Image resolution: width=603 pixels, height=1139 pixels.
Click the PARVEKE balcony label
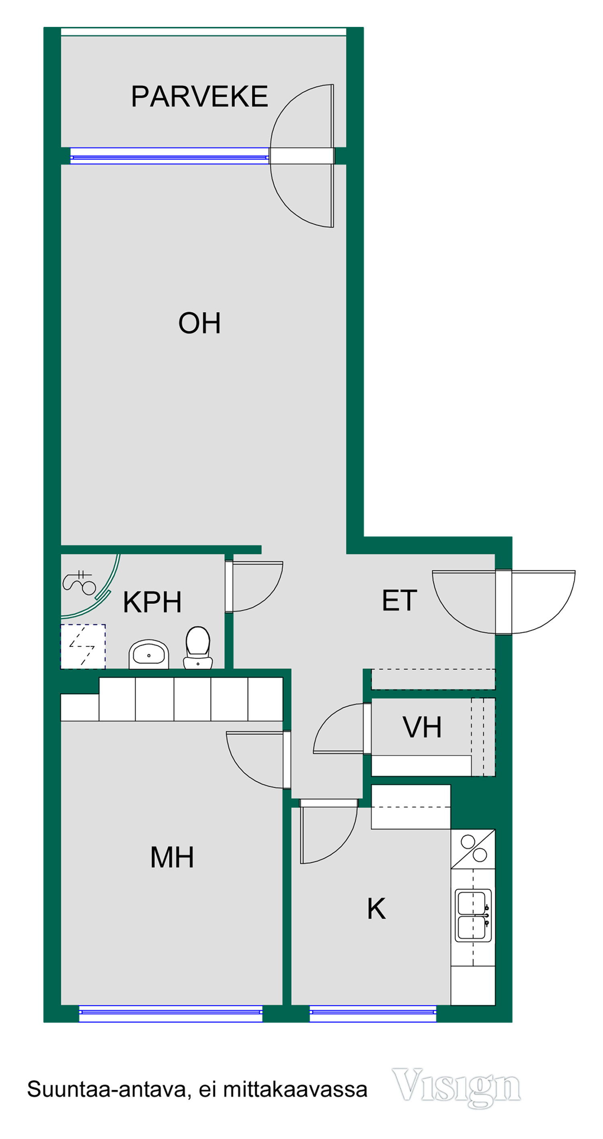(199, 96)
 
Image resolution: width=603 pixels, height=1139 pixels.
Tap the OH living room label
(199, 323)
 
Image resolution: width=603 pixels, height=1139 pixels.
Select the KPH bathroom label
(152, 602)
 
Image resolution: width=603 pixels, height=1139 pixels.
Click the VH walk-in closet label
(422, 727)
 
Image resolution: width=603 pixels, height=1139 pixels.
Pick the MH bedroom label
(172, 857)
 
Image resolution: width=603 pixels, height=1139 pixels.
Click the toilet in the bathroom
(198, 647)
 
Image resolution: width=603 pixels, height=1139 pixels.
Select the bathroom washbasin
(149, 654)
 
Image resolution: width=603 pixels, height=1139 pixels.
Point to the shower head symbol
(80, 582)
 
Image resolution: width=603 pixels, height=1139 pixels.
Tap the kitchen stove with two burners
(473, 849)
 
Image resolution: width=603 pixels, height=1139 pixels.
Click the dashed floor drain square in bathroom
(83, 646)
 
